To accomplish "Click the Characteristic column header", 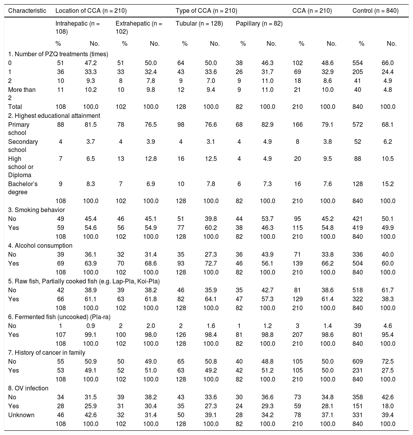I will [x=27, y=11].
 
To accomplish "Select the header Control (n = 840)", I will [x=375, y=11].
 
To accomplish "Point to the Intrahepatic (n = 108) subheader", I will [x=78, y=28].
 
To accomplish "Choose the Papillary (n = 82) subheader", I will [x=259, y=24].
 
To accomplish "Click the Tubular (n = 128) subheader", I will [x=199, y=24].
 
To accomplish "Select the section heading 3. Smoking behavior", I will [x=36, y=210].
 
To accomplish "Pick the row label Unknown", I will [x=21, y=415].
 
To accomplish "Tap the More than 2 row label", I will [x=22, y=93].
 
